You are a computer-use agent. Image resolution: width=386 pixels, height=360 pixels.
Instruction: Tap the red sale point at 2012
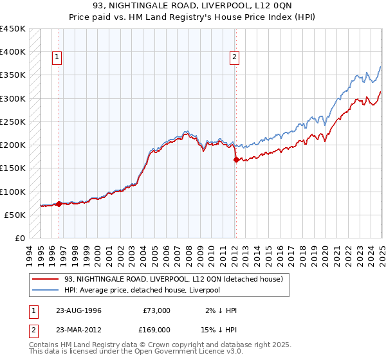pyautogui.click(x=235, y=159)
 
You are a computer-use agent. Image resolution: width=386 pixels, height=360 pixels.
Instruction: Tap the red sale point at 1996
pyautogui.click(x=59, y=204)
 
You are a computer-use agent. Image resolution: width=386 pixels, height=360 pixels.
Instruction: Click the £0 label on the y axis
pyautogui.click(x=20, y=238)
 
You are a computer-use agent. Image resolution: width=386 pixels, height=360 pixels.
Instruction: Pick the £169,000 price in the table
pyautogui.click(x=156, y=328)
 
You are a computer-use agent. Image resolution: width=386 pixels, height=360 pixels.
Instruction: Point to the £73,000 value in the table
pyautogui.click(x=156, y=310)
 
